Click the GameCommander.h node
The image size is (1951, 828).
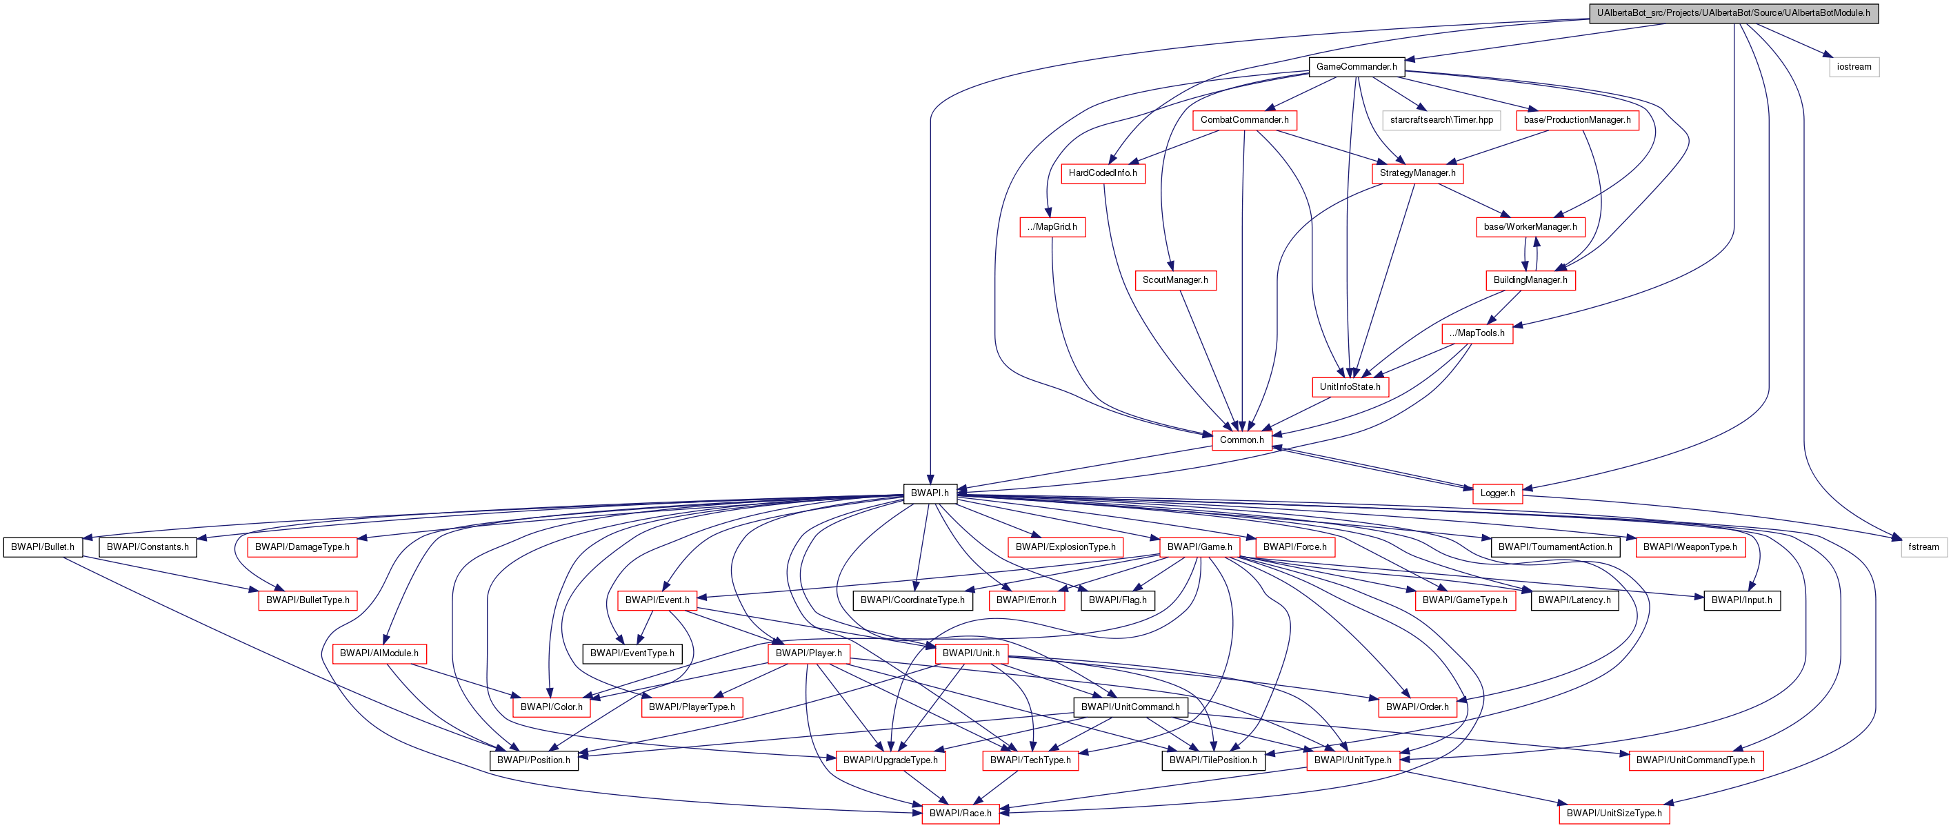pos(1356,67)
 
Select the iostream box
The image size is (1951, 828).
pos(1853,67)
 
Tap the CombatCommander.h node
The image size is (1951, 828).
pos(1243,119)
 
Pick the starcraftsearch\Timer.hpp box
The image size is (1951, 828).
pos(1441,119)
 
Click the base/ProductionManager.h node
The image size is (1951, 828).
pos(1577,119)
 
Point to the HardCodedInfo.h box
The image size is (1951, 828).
pos(1102,172)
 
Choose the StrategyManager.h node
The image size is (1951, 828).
pos(1417,172)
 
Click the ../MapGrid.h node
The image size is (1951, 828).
pos(1052,226)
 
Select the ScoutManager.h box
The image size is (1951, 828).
pos(1174,279)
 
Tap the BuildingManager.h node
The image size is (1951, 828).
pos(1530,279)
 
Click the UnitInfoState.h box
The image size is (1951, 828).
pos(1350,386)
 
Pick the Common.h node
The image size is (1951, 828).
pos(1241,440)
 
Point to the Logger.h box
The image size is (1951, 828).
pos(1497,493)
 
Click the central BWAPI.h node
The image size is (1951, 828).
pos(930,493)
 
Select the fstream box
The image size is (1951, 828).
pos(1923,547)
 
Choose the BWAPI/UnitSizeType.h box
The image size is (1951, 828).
pos(1614,813)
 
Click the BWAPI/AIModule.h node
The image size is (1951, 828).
pos(379,653)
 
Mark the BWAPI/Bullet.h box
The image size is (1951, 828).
pos(43,547)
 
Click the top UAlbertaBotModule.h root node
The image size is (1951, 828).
pos(1733,13)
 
